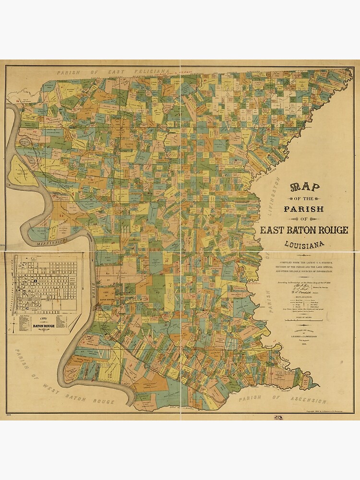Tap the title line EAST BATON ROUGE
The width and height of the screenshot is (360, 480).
(304, 230)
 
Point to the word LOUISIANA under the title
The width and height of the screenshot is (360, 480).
(304, 244)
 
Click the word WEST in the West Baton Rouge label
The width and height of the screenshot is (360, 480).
(57, 387)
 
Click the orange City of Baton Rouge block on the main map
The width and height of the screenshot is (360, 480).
(107, 294)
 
